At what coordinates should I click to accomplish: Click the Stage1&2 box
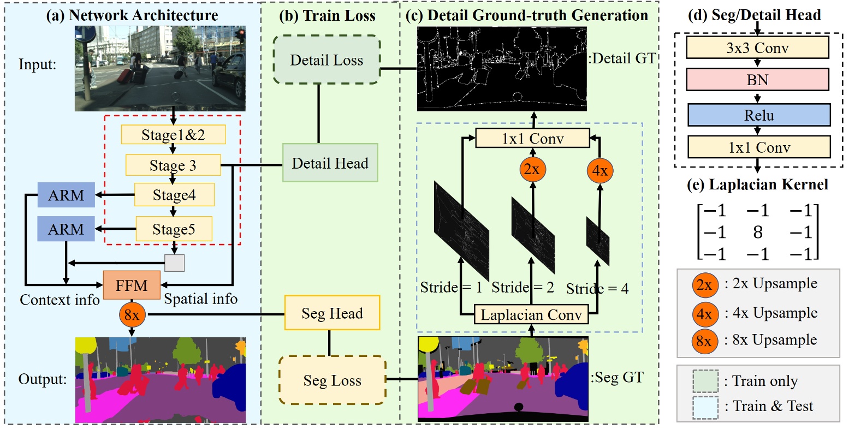[173, 135]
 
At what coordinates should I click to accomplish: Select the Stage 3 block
[173, 165]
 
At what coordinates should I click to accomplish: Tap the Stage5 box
[174, 229]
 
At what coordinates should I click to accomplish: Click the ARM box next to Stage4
[66, 195]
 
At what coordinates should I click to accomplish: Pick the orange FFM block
[132, 284]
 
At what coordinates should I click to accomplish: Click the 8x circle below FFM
[132, 315]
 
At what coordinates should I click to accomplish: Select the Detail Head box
[330, 163]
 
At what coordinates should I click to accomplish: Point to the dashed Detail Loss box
[326, 60]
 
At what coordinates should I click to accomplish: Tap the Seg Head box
[332, 313]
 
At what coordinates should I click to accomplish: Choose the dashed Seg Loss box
[332, 380]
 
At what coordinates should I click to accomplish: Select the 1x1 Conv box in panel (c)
[532, 139]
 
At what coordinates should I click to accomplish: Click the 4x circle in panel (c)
[600, 171]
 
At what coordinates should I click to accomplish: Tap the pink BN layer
[757, 80]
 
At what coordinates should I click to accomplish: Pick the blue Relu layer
[758, 115]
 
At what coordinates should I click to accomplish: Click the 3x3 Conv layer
[757, 48]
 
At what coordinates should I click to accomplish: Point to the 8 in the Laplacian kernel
[757, 233]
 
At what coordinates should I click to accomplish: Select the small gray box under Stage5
[175, 263]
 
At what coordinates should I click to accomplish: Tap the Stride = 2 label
[523, 287]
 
